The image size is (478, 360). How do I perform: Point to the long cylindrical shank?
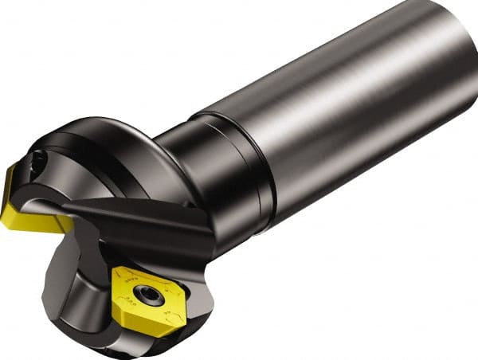click(343, 119)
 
